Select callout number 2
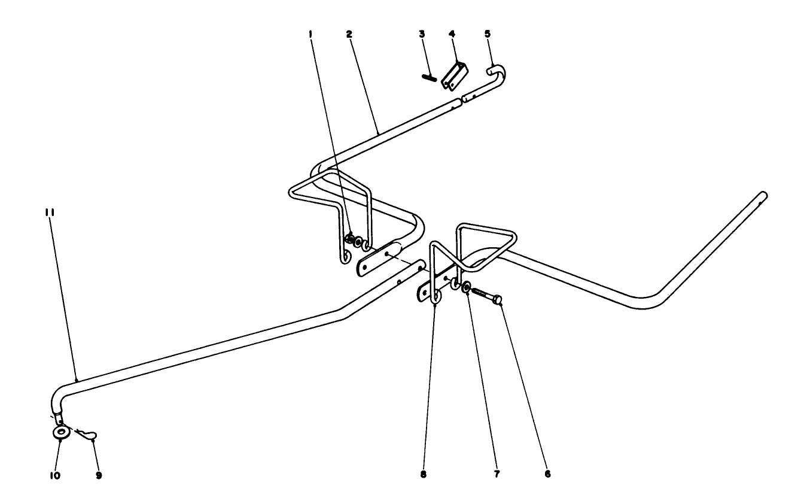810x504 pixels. [348, 34]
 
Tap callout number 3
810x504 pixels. [422, 34]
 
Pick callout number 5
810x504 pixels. [488, 34]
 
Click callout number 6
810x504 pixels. [547, 474]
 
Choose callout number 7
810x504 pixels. [497, 474]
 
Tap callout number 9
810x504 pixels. [99, 475]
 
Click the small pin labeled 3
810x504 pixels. [428, 77]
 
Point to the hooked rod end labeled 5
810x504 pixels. [498, 73]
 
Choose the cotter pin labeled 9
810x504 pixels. [90, 434]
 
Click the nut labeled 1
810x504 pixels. [350, 241]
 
